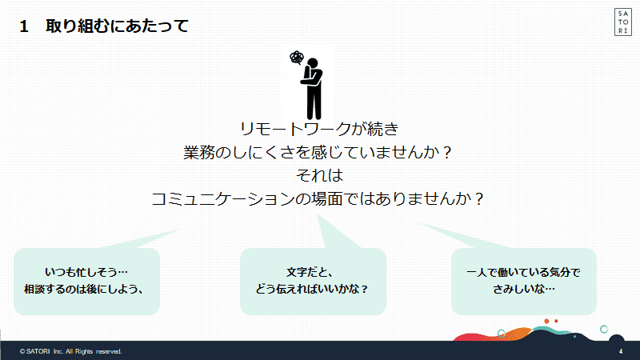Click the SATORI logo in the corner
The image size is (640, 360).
click(623, 22)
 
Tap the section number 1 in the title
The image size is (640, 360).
click(24, 26)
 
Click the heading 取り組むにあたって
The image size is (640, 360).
click(117, 26)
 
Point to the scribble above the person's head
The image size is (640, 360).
click(297, 58)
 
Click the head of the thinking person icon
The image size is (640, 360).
click(313, 63)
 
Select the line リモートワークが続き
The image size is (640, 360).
click(319, 129)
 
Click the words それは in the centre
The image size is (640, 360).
click(319, 175)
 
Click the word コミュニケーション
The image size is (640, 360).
click(223, 199)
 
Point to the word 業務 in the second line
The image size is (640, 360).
click(198, 152)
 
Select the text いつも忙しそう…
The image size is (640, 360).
click(86, 272)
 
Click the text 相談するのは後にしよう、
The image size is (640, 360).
click(84, 289)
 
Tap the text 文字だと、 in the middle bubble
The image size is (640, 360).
click(310, 272)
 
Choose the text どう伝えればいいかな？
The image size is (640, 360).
click(312, 289)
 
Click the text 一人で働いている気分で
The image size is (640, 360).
click(523, 272)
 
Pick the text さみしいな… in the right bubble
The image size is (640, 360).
click(524, 289)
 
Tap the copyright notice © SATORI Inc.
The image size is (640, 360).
click(70, 351)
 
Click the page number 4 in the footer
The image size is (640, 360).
click(621, 351)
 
